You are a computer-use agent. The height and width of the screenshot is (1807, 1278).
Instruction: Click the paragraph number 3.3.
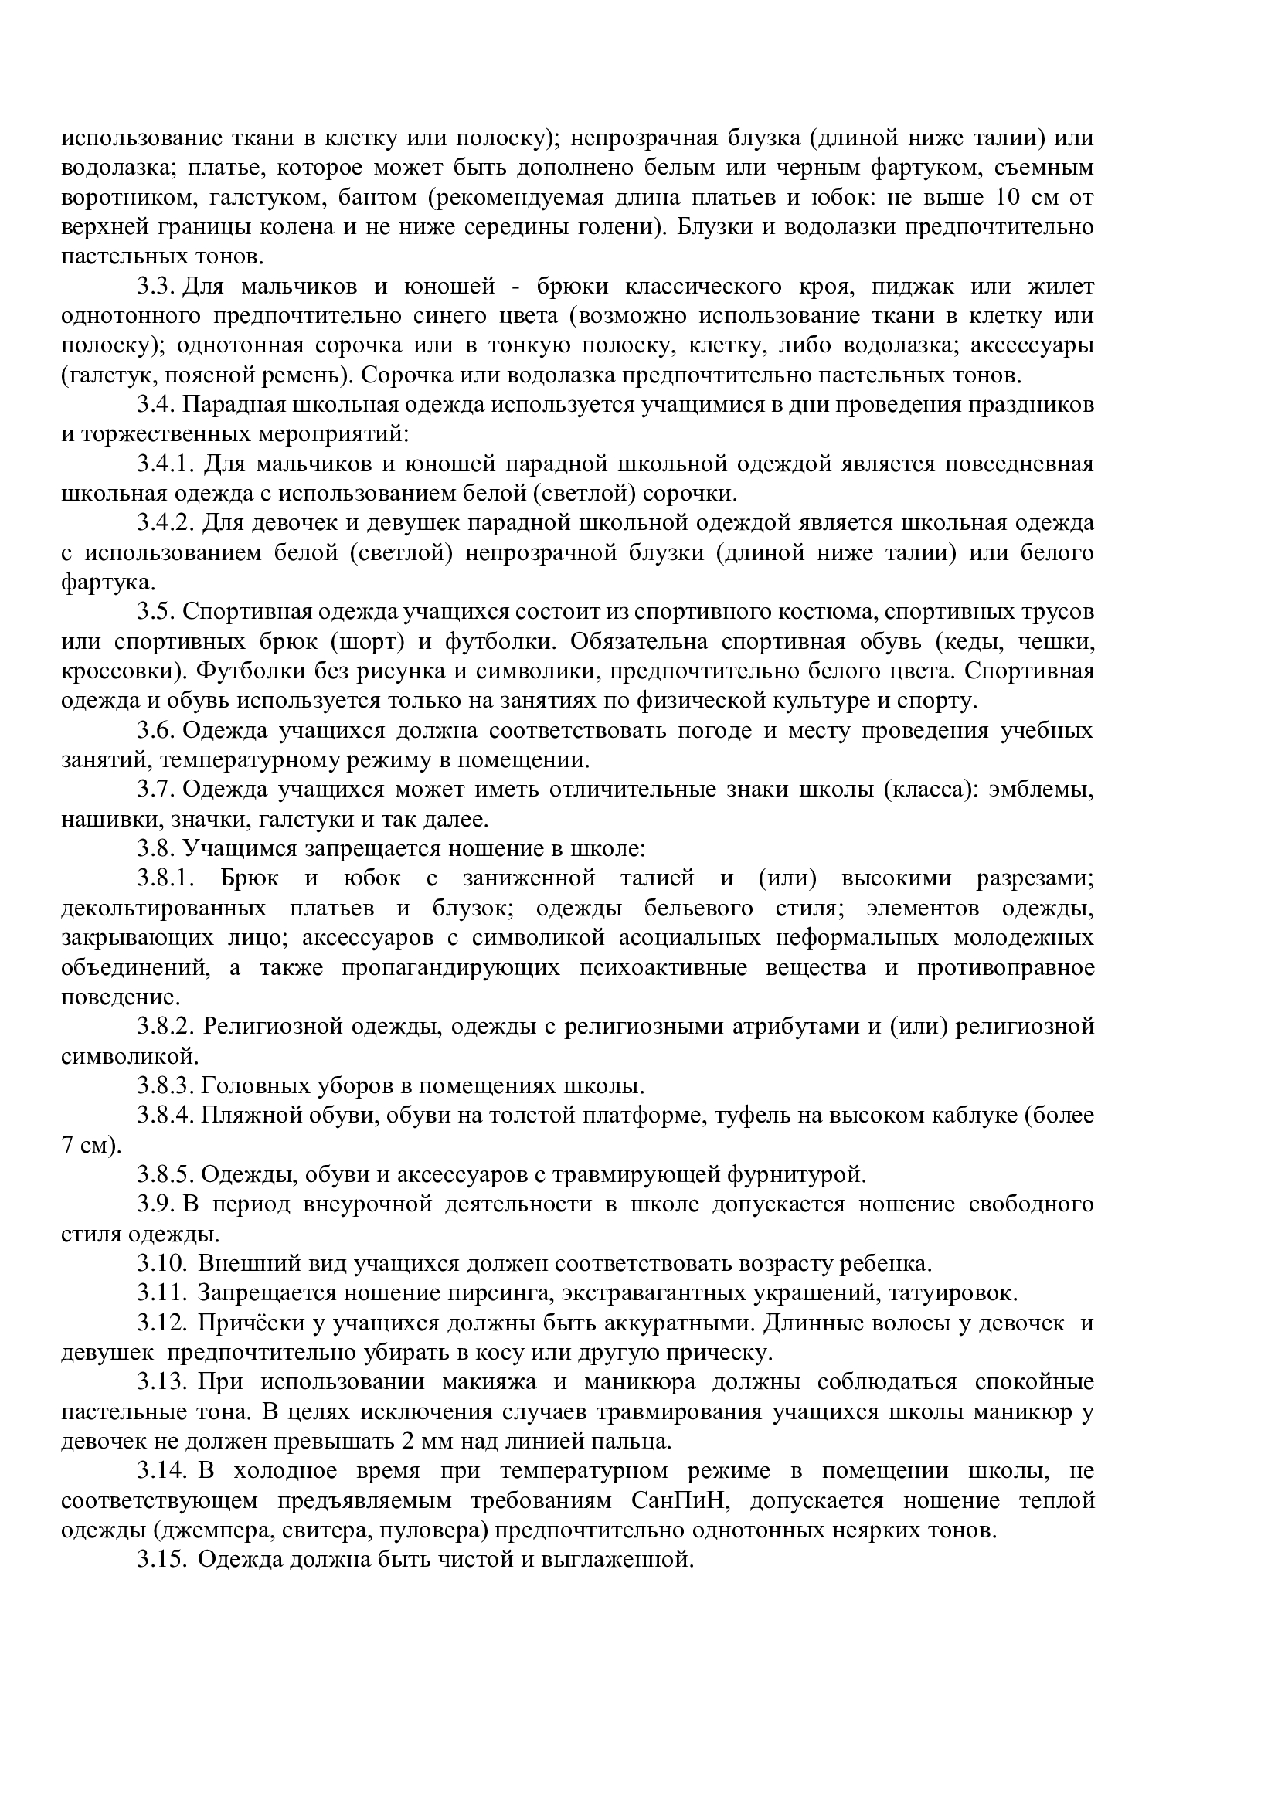(155, 287)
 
